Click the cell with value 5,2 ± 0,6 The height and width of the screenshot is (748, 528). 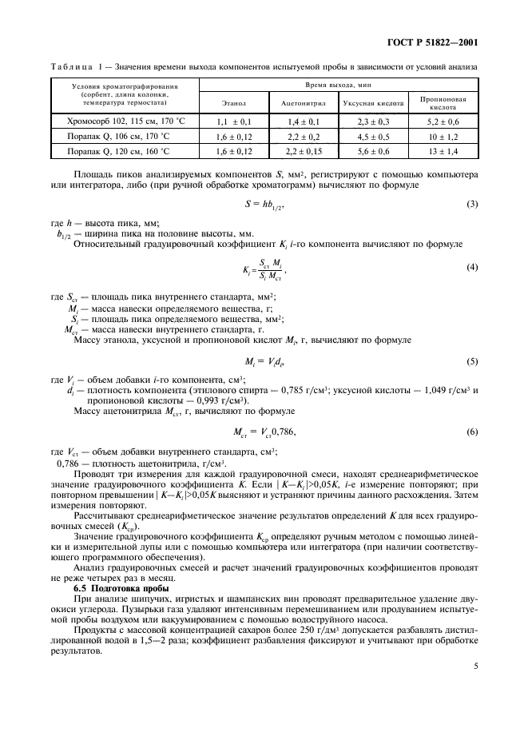click(x=443, y=121)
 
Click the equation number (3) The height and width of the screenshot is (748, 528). click(x=471, y=204)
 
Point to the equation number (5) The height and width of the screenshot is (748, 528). click(x=471, y=339)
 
